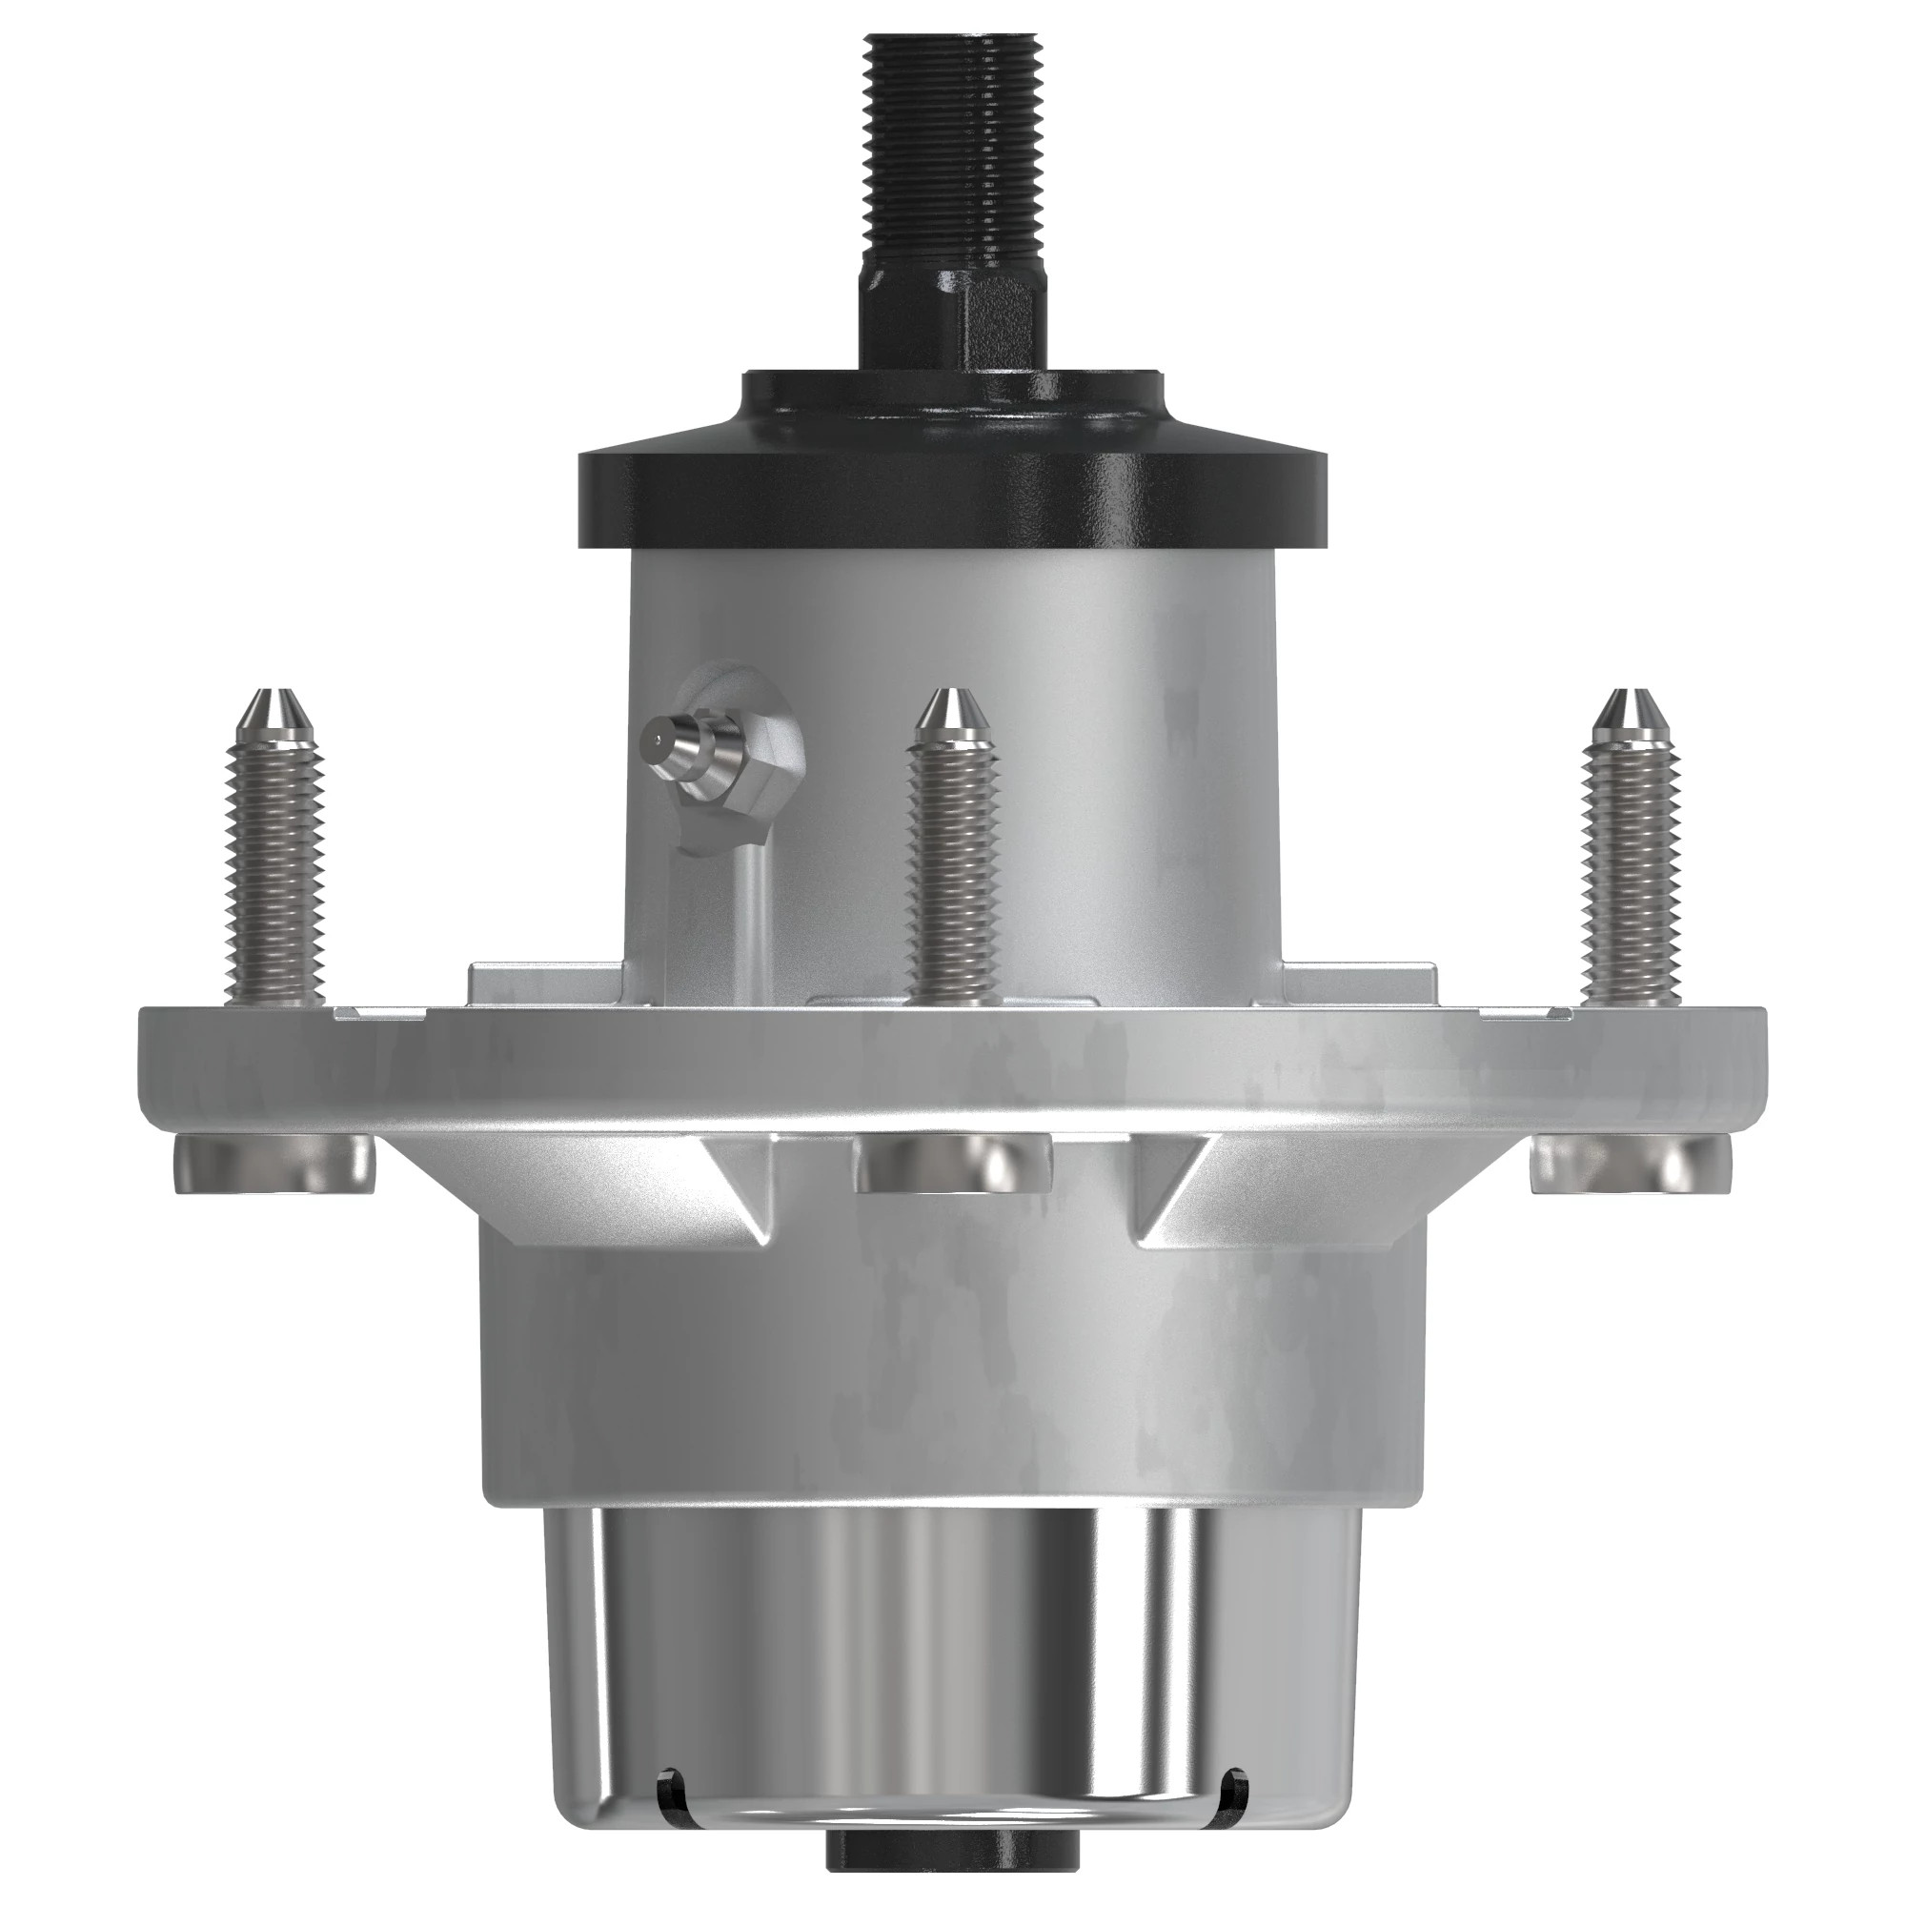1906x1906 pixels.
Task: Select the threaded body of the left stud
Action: point(275,868)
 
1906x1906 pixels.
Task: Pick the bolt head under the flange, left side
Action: point(274,1166)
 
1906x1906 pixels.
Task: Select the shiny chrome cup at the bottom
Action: point(952,1667)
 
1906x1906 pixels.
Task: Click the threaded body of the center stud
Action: point(952,868)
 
